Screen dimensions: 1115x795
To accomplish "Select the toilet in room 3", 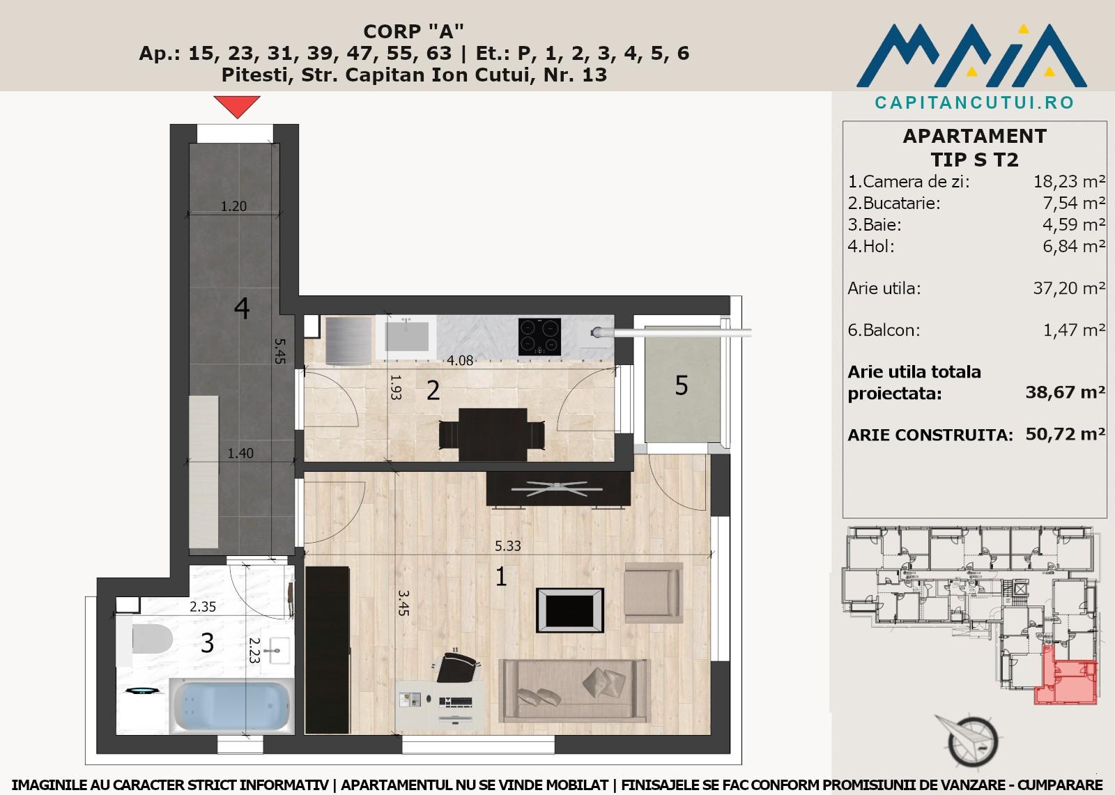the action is (146, 640).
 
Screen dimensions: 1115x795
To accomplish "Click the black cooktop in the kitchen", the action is (539, 337).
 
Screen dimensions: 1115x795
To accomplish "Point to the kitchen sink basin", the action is (407, 336).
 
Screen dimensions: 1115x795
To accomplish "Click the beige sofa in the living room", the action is (574, 690).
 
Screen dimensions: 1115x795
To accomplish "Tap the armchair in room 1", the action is (653, 592).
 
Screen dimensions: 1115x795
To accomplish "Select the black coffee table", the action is (570, 610).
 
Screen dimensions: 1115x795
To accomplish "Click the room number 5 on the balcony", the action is (682, 385).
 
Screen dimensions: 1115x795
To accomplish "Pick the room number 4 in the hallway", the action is (241, 308).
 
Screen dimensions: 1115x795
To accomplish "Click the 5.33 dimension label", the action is (508, 546).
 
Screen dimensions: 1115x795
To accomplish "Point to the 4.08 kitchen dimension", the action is (460, 360).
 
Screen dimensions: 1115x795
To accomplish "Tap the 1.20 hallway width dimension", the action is (233, 206).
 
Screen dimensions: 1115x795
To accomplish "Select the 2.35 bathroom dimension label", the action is (203, 607).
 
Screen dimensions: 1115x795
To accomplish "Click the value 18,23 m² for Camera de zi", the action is (1069, 181).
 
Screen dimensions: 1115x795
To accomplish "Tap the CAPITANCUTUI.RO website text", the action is (974, 102).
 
